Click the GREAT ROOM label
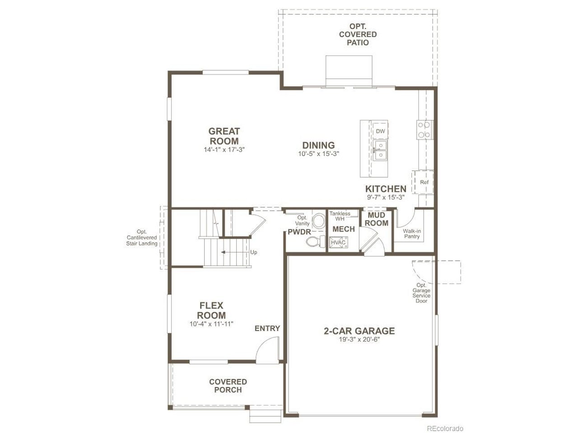point(224,136)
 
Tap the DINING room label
point(318,145)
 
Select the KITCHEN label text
point(386,189)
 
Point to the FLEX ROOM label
point(211,310)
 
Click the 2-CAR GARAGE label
point(359,331)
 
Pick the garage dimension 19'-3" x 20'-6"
point(359,340)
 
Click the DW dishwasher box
point(380,131)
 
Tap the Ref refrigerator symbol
point(424,182)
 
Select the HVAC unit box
point(338,242)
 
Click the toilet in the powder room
point(316,241)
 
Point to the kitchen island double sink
point(380,150)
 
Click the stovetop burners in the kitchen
point(424,129)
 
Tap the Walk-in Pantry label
point(412,234)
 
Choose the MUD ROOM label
point(376,219)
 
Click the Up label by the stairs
point(253,252)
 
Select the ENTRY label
point(267,328)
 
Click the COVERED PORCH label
point(228,386)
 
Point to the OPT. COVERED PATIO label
point(358,34)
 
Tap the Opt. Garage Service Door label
point(421,293)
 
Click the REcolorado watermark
point(445,428)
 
